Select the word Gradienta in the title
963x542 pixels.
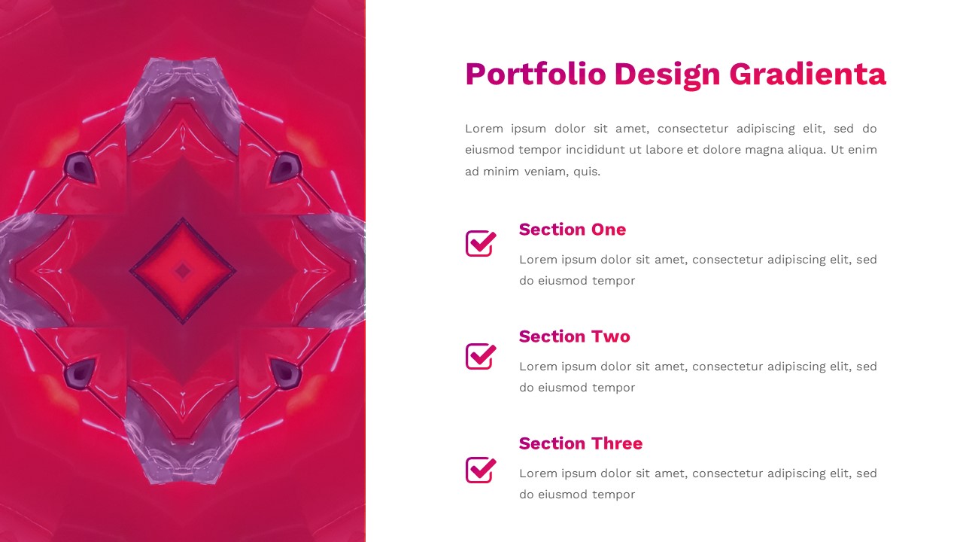click(807, 75)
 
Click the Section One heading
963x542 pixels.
click(572, 230)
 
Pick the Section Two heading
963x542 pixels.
click(574, 336)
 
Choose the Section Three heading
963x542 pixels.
click(580, 443)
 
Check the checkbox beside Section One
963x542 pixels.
click(480, 243)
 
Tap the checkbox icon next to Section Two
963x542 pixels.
click(480, 356)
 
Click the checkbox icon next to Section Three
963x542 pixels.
click(480, 470)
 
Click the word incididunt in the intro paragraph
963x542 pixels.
click(612, 150)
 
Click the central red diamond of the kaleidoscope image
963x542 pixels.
click(183, 270)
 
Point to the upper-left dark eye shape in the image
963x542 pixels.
click(79, 167)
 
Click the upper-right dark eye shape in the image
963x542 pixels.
click(285, 167)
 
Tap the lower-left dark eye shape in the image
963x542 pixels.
click(79, 373)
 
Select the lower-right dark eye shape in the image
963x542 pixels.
click(285, 373)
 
